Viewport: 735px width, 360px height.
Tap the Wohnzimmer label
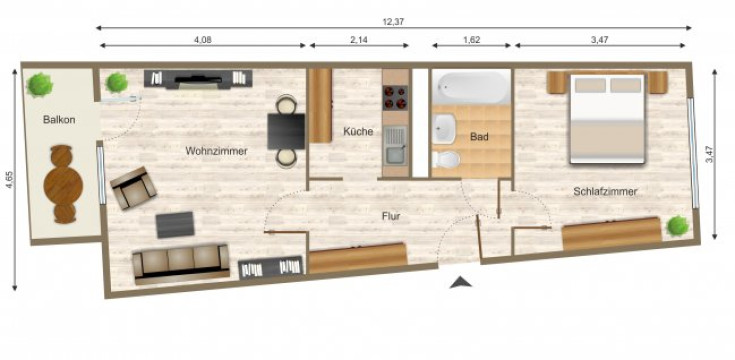216,151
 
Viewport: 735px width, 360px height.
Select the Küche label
358,132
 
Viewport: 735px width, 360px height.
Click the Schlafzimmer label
606,191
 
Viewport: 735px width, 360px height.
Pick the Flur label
391,215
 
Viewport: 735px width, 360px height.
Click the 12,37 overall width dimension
393,20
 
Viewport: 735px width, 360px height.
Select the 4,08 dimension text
203,41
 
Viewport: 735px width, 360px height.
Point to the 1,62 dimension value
472,41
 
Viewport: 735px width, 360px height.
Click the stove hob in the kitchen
394,97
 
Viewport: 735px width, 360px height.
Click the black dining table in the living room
286,128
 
